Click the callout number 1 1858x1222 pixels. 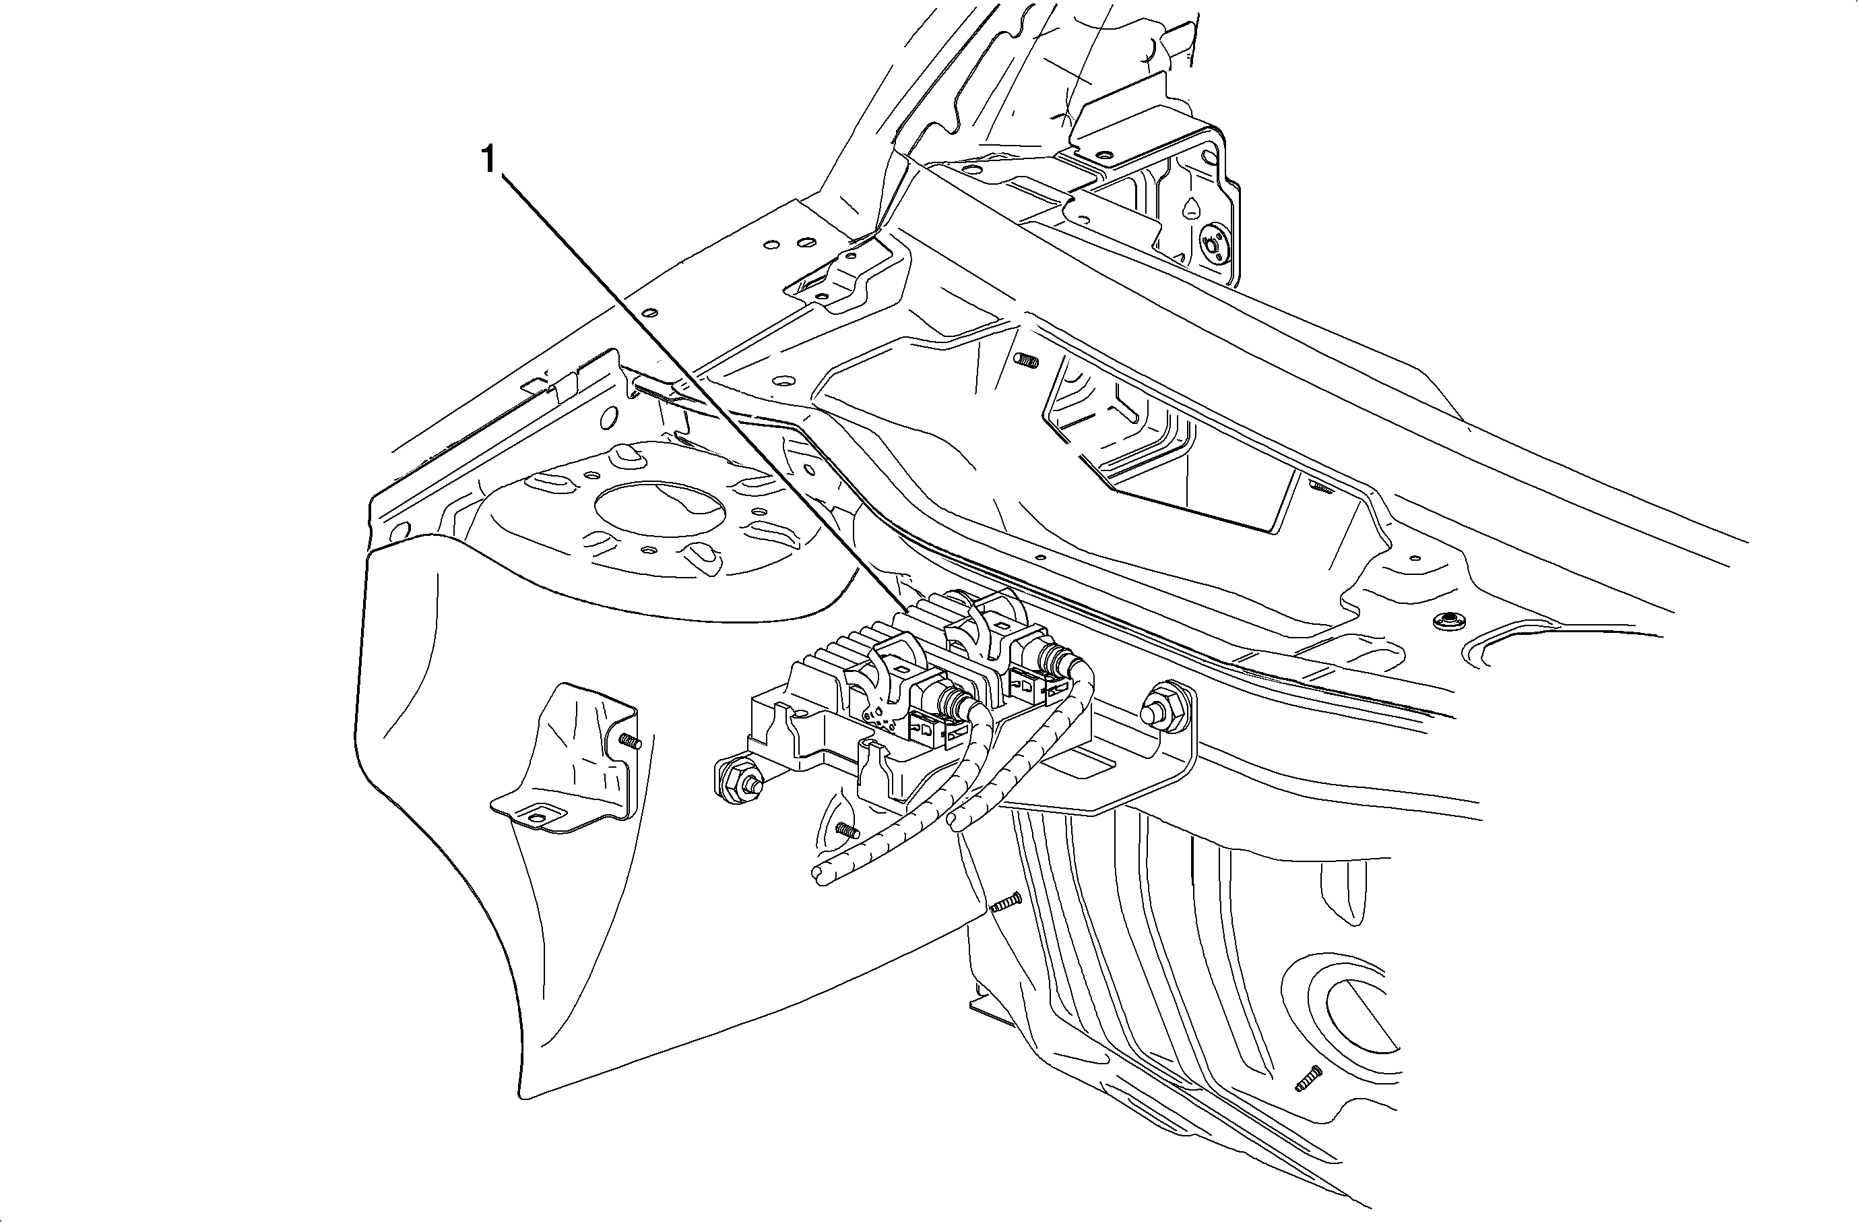point(488,160)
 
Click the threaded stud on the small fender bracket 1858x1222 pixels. point(629,740)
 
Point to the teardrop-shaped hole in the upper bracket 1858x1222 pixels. point(1191,207)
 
